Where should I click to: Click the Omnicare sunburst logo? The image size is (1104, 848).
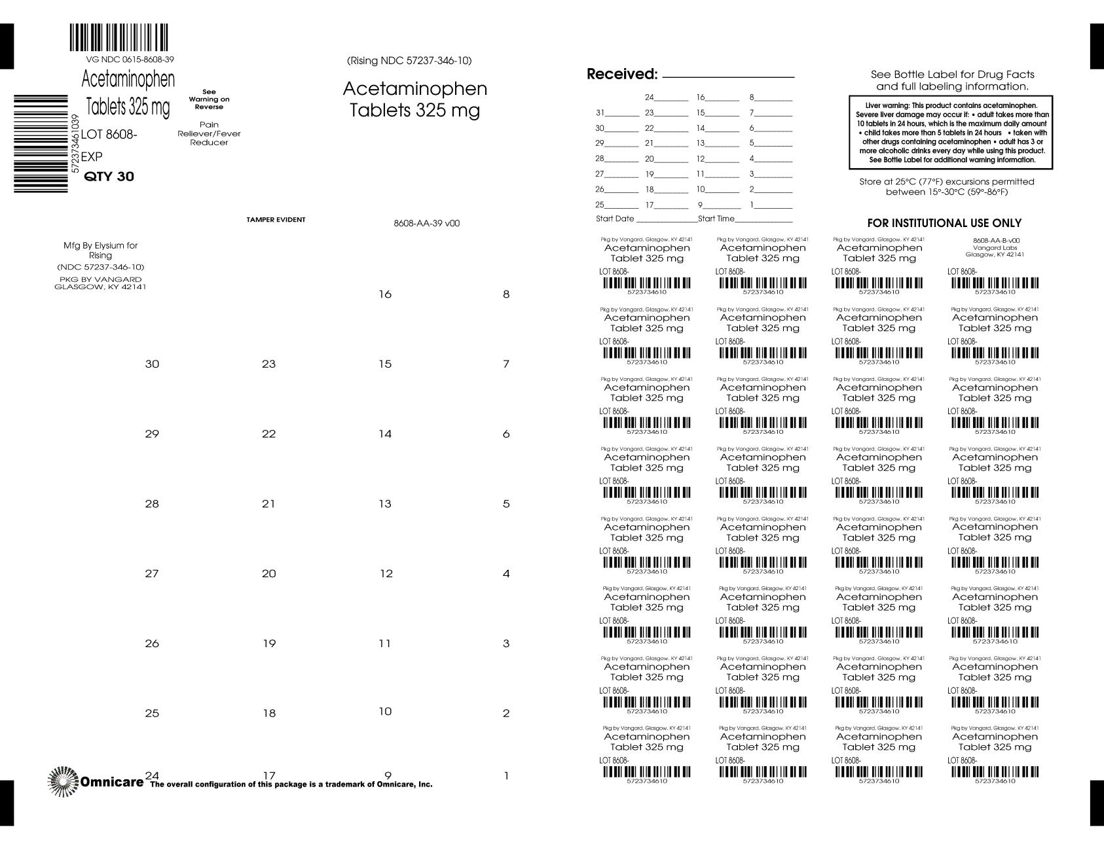pyautogui.click(x=63, y=781)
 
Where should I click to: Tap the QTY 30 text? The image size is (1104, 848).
pyautogui.click(x=109, y=177)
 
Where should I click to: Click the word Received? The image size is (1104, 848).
pyautogui.click(x=621, y=74)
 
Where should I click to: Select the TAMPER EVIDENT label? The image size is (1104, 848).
pyautogui.click(x=276, y=220)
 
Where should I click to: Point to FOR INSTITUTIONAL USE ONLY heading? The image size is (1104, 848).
pyautogui.click(x=944, y=223)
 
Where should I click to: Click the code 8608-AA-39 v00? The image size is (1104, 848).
pyautogui.click(x=426, y=223)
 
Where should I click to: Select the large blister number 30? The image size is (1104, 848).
pyautogui.click(x=152, y=364)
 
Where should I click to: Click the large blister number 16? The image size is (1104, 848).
pyautogui.click(x=385, y=294)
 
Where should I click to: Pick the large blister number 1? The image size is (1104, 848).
pyautogui.click(x=506, y=777)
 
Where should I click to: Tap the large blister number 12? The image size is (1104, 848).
pyautogui.click(x=386, y=574)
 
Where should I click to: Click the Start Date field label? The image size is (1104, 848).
pyautogui.click(x=615, y=219)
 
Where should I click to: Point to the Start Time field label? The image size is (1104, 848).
pyautogui.click(x=716, y=219)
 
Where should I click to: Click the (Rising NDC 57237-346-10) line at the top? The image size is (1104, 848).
pyautogui.click(x=409, y=61)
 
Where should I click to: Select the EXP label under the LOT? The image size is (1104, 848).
pyautogui.click(x=92, y=157)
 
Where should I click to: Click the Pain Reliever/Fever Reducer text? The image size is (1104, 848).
pyautogui.click(x=210, y=133)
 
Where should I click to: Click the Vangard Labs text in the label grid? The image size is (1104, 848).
pyautogui.click(x=994, y=248)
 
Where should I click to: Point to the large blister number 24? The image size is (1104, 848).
pyautogui.click(x=152, y=775)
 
